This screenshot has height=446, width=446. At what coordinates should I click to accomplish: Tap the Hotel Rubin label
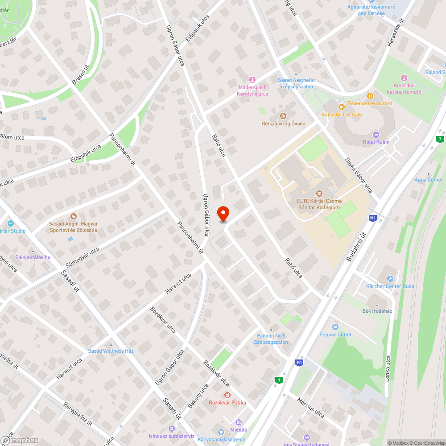point(376,142)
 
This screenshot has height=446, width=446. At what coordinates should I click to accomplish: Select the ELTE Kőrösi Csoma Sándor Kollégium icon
point(319,194)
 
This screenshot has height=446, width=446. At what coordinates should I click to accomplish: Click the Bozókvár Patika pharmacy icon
point(227,395)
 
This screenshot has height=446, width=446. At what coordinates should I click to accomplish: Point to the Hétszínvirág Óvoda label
point(283,124)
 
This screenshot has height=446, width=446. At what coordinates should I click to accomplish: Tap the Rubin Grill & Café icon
point(341,107)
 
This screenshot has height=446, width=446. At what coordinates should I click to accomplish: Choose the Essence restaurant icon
point(370,95)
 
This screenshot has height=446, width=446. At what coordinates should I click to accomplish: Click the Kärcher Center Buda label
point(390,286)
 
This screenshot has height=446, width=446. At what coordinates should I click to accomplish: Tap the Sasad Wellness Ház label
point(111,351)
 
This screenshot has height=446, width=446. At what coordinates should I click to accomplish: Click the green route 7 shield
point(441,139)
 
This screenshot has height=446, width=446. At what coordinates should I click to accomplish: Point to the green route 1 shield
point(279,380)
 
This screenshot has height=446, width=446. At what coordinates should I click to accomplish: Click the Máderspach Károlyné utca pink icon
point(252,79)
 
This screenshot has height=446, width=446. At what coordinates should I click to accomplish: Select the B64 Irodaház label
point(377,311)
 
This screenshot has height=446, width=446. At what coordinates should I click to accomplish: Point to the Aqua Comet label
point(428,180)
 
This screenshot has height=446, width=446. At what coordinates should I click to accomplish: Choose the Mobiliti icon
point(239,422)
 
